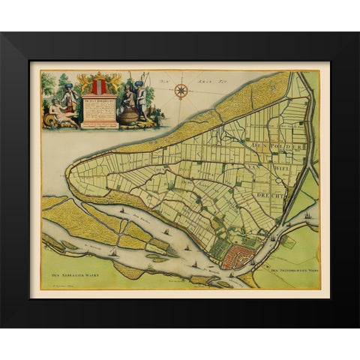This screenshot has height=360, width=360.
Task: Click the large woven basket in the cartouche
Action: pyautogui.click(x=130, y=117)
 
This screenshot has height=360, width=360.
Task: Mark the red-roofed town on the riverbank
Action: pyautogui.click(x=238, y=256)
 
